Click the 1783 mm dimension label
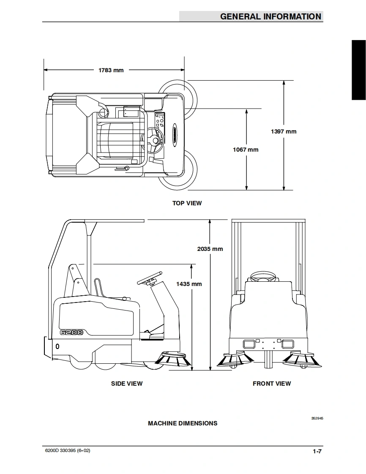(111, 70)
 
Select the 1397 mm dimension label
(284, 131)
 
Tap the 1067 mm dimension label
(246, 150)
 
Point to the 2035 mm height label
(210, 249)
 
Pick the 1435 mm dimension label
(189, 284)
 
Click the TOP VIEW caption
(187, 203)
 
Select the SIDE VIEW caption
(127, 384)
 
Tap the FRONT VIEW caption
(272, 384)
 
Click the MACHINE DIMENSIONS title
(183, 424)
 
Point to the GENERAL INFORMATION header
(271, 16)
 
